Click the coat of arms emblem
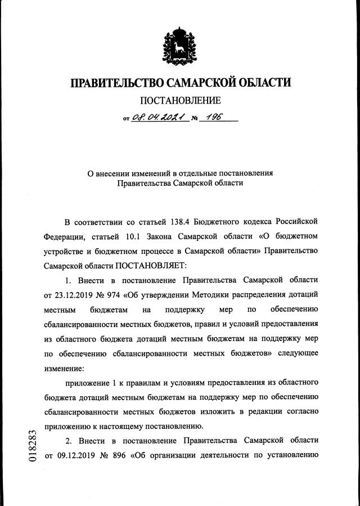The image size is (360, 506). click(179, 44)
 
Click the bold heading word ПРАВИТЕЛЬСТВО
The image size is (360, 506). click(115, 83)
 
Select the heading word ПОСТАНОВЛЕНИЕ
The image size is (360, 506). click(180, 101)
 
